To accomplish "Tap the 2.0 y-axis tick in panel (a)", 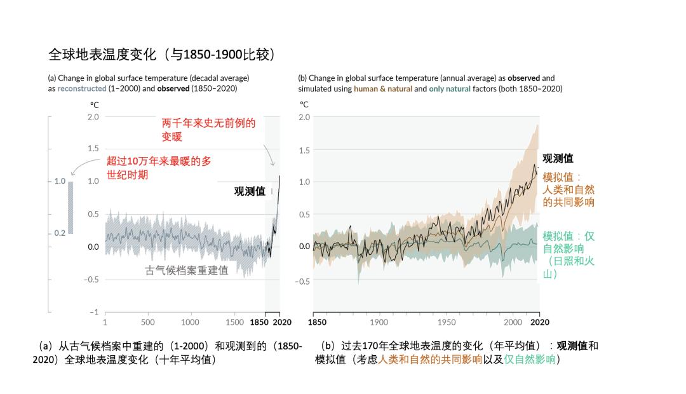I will click(x=93, y=117).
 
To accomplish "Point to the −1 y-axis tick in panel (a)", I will click(x=94, y=312).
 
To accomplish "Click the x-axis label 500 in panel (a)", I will click(x=148, y=322).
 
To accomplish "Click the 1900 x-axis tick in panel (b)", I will click(x=379, y=322).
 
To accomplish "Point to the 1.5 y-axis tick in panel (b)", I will click(x=304, y=150).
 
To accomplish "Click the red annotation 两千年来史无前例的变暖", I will click(x=208, y=130).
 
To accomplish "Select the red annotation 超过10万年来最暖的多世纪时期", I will click(x=158, y=168).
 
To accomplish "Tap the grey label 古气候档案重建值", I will click(x=187, y=270).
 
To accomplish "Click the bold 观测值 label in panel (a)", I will click(x=250, y=191).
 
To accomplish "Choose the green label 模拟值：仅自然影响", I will click(x=568, y=254).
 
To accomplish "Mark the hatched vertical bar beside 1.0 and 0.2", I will click(x=71, y=207).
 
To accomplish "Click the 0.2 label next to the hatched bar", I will click(x=60, y=233).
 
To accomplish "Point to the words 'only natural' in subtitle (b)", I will click(x=449, y=89).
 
